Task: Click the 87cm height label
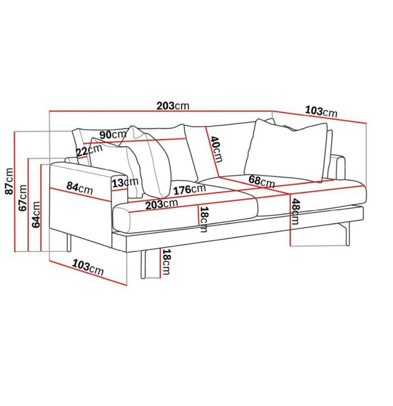pyautogui.click(x=9, y=181)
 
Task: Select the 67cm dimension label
pyautogui.click(x=23, y=197)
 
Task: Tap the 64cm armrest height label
pyautogui.click(x=36, y=215)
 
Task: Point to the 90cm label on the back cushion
pyautogui.click(x=113, y=134)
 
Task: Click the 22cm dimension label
pyautogui.click(x=89, y=150)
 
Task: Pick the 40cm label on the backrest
pyautogui.click(x=216, y=149)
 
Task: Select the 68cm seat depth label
pyautogui.click(x=262, y=181)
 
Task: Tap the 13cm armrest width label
pyautogui.click(x=125, y=183)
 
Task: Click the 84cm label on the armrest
pyautogui.click(x=79, y=188)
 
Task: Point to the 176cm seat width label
pyautogui.click(x=190, y=190)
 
